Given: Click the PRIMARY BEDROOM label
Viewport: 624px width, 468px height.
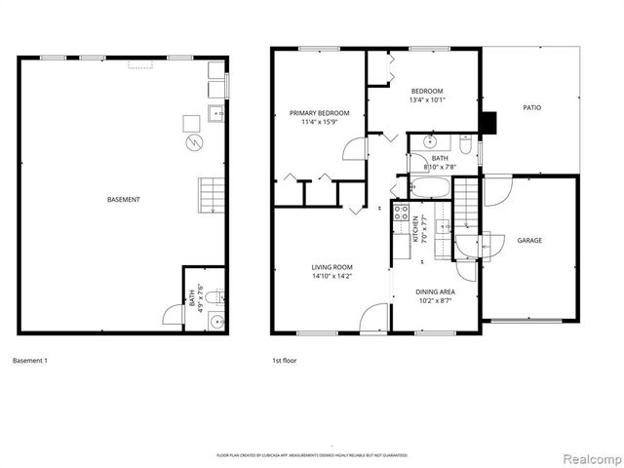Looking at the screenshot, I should click(x=319, y=113).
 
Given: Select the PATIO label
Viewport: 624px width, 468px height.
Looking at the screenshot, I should click(x=531, y=107).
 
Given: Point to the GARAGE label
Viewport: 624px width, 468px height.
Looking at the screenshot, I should click(x=529, y=240).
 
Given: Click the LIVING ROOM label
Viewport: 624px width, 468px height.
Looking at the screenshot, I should click(x=331, y=266).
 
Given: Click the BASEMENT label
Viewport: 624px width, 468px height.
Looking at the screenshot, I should click(x=123, y=200).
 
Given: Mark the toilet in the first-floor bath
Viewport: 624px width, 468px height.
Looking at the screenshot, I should click(x=465, y=148).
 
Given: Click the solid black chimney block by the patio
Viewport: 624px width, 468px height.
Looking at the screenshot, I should click(x=489, y=123).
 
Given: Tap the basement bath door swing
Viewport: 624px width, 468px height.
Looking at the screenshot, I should click(x=170, y=318).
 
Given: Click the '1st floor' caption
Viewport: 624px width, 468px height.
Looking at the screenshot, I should click(x=284, y=361).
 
